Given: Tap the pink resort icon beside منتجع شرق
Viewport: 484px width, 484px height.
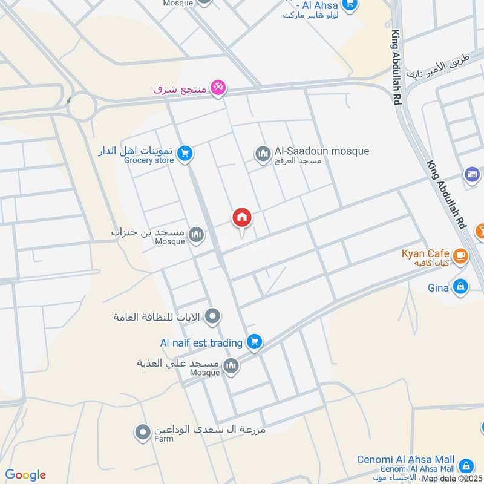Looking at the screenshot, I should click(x=219, y=88).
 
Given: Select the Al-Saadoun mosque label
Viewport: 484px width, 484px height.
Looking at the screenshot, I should click(x=321, y=151).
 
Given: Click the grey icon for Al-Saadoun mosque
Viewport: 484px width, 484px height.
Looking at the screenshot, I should click(x=263, y=154).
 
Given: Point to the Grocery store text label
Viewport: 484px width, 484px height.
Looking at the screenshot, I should click(x=149, y=160).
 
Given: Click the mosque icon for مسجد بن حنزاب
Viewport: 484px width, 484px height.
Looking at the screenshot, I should click(x=196, y=235).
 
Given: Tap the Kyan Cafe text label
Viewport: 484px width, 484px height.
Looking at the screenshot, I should click(x=425, y=253).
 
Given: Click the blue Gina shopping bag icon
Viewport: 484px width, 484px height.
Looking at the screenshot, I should click(x=460, y=287).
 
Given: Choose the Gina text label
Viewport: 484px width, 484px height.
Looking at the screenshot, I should click(x=438, y=287).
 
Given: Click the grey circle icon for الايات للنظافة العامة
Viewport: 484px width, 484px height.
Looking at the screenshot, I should click(x=212, y=316).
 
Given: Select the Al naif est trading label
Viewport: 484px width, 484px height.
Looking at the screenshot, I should click(x=201, y=343).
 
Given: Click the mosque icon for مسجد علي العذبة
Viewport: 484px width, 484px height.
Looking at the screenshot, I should click(x=231, y=365).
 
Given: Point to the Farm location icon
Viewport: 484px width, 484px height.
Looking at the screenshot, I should click(x=143, y=432).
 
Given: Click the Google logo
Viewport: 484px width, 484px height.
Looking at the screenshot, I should click(x=25, y=475).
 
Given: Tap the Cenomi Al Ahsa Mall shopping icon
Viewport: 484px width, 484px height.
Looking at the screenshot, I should click(x=466, y=466).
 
